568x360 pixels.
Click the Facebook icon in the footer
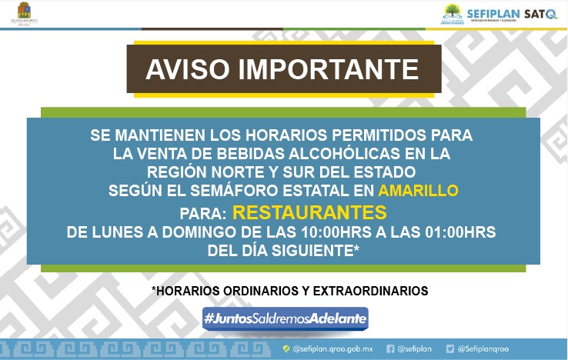[390, 348]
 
